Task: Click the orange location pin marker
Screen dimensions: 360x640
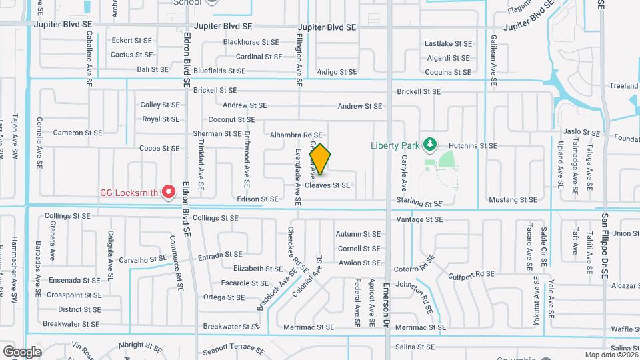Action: (320, 159)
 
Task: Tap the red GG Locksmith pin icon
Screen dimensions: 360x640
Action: (169, 193)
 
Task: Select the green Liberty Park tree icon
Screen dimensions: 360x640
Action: (430, 143)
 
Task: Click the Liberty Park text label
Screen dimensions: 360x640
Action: (396, 145)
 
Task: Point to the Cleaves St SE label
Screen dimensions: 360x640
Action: (327, 185)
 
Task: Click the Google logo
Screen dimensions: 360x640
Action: (22, 351)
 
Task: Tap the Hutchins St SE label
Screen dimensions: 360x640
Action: (473, 145)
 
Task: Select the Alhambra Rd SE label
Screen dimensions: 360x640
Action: (296, 135)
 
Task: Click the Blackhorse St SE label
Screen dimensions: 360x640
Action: (251, 41)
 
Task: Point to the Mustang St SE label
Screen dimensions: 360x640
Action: (513, 199)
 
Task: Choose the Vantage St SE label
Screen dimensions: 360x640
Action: (420, 219)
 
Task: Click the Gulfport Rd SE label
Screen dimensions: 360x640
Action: (471, 274)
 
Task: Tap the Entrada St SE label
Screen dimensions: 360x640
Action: (219, 255)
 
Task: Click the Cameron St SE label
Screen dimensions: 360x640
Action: (78, 133)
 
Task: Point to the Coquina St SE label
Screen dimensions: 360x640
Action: (448, 72)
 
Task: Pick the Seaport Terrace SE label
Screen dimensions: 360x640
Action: (229, 347)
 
